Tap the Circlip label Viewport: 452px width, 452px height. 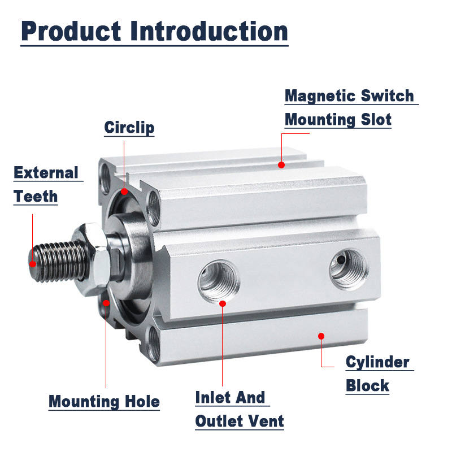click(129, 128)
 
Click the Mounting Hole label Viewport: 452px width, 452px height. click(104, 402)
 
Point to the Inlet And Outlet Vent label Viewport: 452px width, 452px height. click(239, 409)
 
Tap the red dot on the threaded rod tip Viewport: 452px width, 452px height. click(33, 264)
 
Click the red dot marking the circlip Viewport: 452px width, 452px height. click(124, 192)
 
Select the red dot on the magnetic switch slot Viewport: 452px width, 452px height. click(281, 165)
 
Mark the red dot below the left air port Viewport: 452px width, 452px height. click(223, 303)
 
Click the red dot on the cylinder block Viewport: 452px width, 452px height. click(321, 336)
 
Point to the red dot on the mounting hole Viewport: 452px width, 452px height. click(106, 304)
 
